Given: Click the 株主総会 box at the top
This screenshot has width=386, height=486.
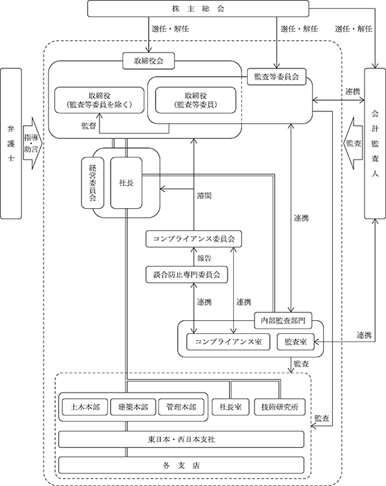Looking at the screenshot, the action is click(198, 8).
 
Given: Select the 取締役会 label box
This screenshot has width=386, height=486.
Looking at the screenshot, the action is click(149, 61).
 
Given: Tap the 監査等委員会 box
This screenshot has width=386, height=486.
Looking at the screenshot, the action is click(277, 77).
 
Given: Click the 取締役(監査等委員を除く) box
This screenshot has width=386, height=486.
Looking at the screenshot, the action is click(99, 100).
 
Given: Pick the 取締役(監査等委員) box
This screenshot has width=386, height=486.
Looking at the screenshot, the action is click(196, 100).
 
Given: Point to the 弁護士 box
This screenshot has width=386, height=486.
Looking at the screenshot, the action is click(11, 144).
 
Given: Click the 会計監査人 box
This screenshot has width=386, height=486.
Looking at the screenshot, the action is click(375, 144).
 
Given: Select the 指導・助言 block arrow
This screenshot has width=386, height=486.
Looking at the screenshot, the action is click(33, 143).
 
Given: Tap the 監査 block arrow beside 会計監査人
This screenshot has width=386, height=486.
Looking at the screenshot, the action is click(353, 143).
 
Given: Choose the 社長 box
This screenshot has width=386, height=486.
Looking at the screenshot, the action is click(126, 183).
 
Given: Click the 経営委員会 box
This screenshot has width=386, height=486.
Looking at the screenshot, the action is click(93, 183).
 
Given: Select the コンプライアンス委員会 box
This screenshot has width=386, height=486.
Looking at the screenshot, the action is click(194, 239).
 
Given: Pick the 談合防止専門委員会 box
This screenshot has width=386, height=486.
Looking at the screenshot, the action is click(187, 274).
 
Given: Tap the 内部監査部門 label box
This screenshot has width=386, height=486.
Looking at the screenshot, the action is click(283, 321).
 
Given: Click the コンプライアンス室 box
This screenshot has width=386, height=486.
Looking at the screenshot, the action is click(228, 342).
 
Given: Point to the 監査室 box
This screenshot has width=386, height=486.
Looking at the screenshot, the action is click(295, 342).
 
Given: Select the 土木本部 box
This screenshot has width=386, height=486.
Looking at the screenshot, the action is click(85, 406).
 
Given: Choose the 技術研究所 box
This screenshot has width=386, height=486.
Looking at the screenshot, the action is click(279, 406).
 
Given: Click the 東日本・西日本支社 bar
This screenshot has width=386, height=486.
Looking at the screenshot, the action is click(181, 439).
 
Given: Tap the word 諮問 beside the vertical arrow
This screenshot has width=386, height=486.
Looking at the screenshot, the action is click(204, 196).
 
